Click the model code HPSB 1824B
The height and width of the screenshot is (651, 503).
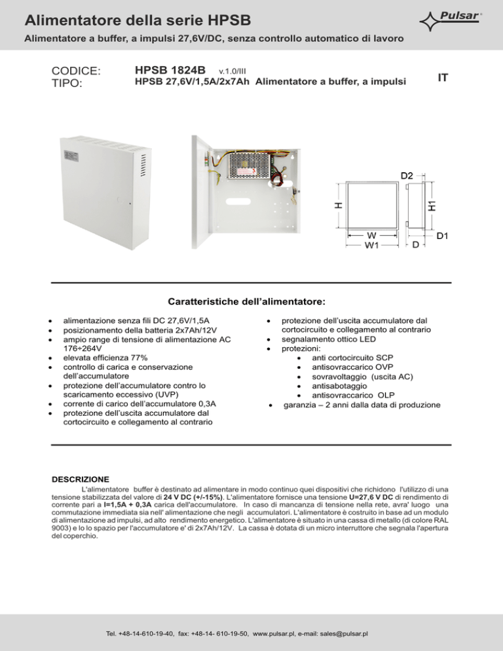(x=170, y=70)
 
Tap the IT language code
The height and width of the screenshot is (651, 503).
(x=443, y=78)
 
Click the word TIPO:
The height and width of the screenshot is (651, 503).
(x=66, y=84)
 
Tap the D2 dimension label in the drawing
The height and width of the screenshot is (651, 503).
(x=407, y=176)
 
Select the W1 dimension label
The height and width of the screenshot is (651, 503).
(x=372, y=246)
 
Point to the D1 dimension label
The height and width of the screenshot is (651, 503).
(x=443, y=234)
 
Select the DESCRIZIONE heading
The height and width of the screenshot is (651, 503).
(x=80, y=479)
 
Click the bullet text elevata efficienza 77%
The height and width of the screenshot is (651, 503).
(x=105, y=358)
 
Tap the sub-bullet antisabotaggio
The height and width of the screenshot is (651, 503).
(x=340, y=386)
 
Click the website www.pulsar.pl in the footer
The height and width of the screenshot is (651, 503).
(x=280, y=633)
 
